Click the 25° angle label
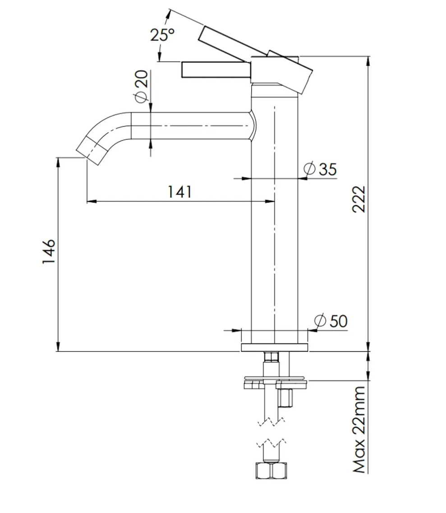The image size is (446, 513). tap(162, 34)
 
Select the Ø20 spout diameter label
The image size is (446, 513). tap(140, 86)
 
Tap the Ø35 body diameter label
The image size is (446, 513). tap(320, 169)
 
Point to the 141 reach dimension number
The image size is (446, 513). tap(180, 191)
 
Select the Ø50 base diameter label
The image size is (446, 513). tap(331, 321)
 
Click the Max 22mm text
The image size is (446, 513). tap(359, 429)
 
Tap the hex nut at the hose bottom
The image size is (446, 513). tap(271, 471)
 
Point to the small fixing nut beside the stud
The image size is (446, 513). tap(285, 398)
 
